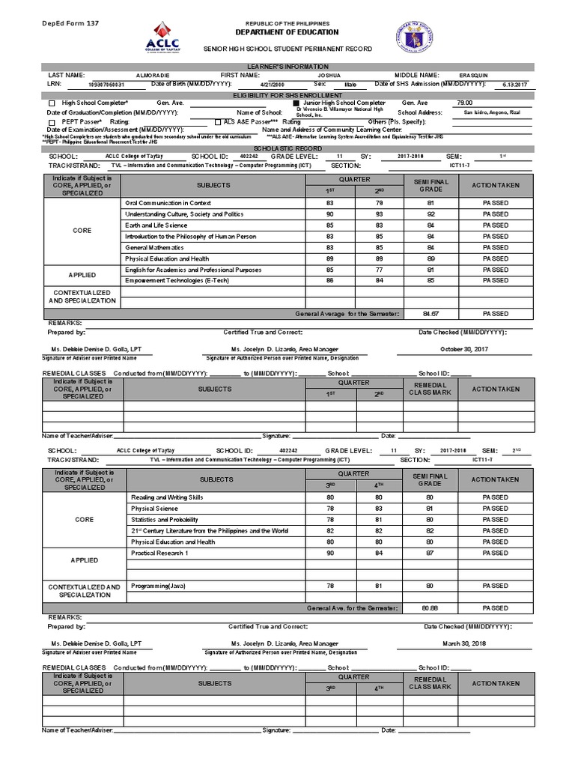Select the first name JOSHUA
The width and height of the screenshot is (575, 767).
tap(329, 76)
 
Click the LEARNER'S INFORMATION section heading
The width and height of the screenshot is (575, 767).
tap(287, 67)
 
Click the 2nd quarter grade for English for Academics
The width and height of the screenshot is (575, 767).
tap(380, 270)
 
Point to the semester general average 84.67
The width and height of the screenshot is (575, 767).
tap(430, 314)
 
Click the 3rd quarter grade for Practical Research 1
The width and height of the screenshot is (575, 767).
tap(329, 554)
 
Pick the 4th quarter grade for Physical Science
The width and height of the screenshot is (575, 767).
tap(380, 509)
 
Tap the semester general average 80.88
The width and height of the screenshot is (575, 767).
tap(430, 607)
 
